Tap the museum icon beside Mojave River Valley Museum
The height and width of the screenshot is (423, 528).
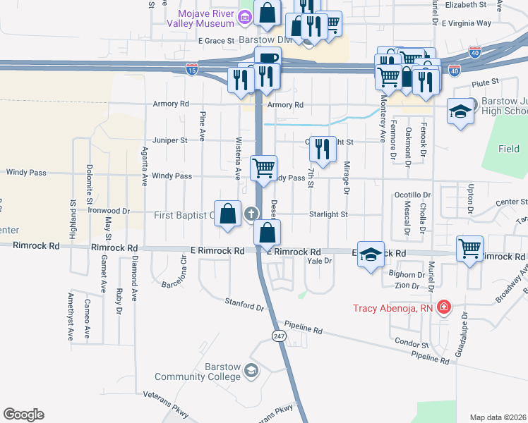click(246, 16)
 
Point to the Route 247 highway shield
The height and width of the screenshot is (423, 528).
click(280, 337)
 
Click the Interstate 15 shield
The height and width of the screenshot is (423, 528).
click(192, 69)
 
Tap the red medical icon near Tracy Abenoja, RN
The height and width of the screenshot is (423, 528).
click(443, 307)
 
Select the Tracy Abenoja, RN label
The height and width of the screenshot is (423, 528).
click(395, 307)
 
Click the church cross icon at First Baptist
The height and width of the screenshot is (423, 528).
click(250, 214)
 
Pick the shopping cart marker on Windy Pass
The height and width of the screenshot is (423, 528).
click(264, 168)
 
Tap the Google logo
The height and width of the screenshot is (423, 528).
click(23, 415)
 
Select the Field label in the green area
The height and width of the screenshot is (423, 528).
click(508, 149)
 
